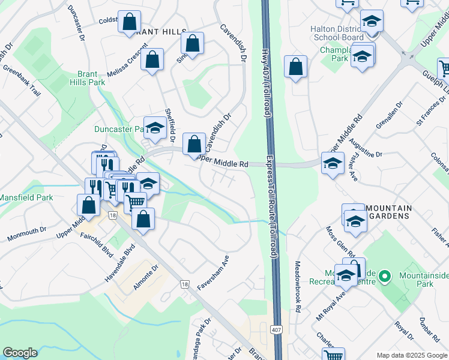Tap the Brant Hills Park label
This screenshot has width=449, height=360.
(x=87, y=79)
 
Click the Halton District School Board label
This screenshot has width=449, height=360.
(x=337, y=33)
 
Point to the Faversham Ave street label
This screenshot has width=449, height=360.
(x=214, y=272)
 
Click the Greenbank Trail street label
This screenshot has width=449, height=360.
(x=22, y=81)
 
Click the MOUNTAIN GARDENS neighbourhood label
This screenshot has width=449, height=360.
(x=388, y=212)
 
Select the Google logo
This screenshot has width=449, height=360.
(x=20, y=353)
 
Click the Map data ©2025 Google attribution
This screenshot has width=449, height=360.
(x=411, y=355)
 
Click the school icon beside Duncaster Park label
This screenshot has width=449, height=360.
(x=155, y=128)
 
